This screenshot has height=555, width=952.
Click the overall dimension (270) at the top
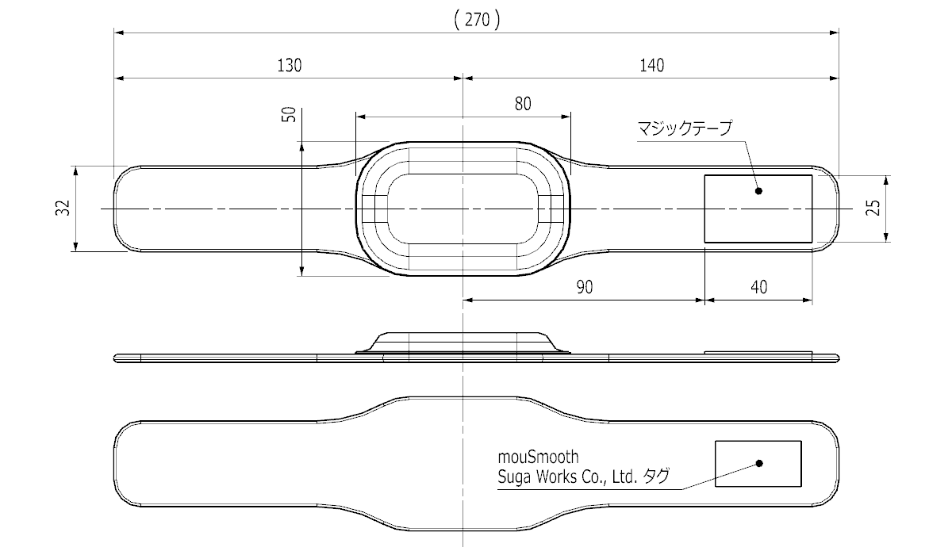pyautogui.click(x=478, y=20)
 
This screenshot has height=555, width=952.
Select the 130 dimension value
pyautogui.click(x=290, y=65)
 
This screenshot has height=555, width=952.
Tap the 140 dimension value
pyautogui.click(x=652, y=65)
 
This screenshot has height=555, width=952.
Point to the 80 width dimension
pyautogui.click(x=523, y=104)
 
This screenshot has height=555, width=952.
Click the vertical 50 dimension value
pyautogui.click(x=289, y=114)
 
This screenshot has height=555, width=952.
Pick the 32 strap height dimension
pyautogui.click(x=63, y=208)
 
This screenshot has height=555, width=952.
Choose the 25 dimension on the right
pyautogui.click(x=873, y=208)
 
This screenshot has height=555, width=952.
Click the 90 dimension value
pyautogui.click(x=585, y=288)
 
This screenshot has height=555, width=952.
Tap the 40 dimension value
pyautogui.click(x=759, y=288)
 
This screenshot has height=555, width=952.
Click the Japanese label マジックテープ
pyautogui.click(x=685, y=128)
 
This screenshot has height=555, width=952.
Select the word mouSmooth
pyautogui.click(x=538, y=457)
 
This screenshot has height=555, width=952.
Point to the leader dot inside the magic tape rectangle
pyautogui.click(x=758, y=191)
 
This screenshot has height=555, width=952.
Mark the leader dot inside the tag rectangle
pyautogui.click(x=759, y=463)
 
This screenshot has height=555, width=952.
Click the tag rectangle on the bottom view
pyautogui.click(x=758, y=441)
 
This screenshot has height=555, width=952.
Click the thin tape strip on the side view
pyautogui.click(x=758, y=353)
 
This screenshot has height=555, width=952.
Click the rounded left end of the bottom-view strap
pyautogui.click(x=114, y=464)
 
